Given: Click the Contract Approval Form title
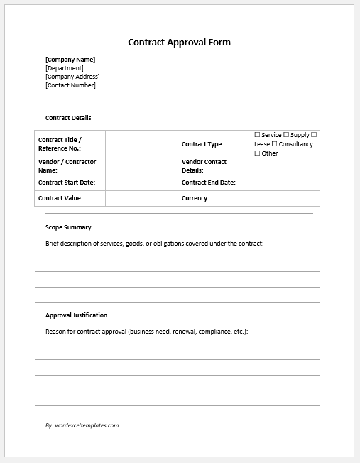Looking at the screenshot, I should pyautogui.click(x=179, y=43).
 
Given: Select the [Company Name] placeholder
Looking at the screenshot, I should pyautogui.click(x=70, y=60).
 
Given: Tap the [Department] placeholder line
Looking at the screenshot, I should pyautogui.click(x=65, y=68).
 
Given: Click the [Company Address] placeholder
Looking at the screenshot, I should pyautogui.click(x=72, y=77).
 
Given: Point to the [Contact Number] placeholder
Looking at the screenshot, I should pyautogui.click(x=70, y=85).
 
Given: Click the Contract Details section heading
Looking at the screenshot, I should pyautogui.click(x=68, y=118).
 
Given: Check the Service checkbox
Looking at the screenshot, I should pyautogui.click(x=257, y=134).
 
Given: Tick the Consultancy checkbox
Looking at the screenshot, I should pyautogui.click(x=274, y=144).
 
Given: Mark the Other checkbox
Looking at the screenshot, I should pyautogui.click(x=257, y=153).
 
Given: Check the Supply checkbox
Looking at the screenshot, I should pyautogui.click(x=286, y=134).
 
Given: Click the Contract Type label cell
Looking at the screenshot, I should pyautogui.click(x=202, y=144).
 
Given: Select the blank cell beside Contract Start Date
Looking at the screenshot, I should pyautogui.click(x=141, y=183).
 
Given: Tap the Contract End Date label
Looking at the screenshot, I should pyautogui.click(x=208, y=183).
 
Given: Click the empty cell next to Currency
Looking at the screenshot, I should pyautogui.click(x=285, y=198).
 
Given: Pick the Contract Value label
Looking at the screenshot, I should pyautogui.click(x=60, y=198).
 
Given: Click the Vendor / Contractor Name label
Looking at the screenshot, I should pyautogui.click(x=67, y=166).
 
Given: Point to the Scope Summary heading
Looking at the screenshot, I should pyautogui.click(x=68, y=227).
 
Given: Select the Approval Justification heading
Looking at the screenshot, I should pyautogui.click(x=77, y=315).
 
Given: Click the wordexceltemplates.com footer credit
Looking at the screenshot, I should pyautogui.click(x=82, y=425).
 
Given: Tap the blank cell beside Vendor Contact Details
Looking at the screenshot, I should pyautogui.click(x=285, y=166).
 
